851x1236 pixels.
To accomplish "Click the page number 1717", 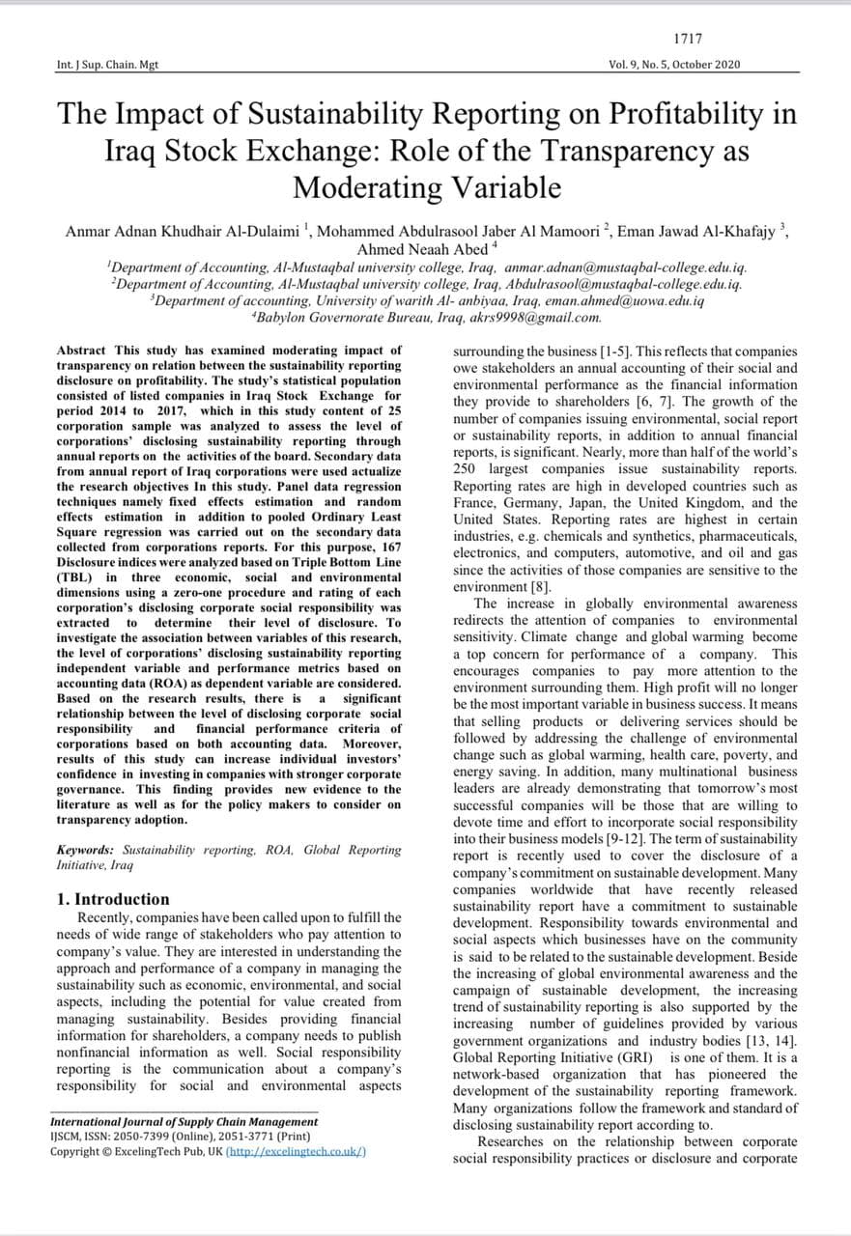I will (688, 39).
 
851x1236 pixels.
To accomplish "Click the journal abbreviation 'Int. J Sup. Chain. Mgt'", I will (107, 65).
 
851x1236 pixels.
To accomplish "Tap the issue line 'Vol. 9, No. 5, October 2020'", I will (674, 65).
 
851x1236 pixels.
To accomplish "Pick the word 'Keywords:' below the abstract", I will (85, 851).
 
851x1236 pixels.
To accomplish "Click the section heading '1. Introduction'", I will (113, 899).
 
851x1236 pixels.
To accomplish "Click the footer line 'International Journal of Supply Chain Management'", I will (184, 1122).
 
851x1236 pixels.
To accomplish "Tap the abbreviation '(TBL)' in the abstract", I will (74, 577).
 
